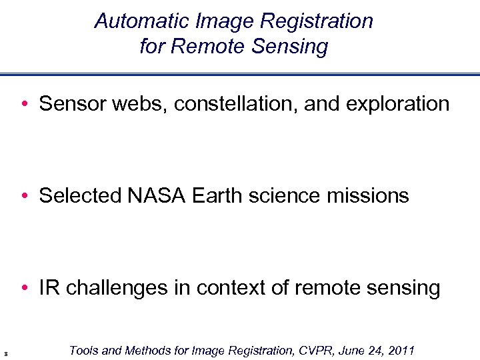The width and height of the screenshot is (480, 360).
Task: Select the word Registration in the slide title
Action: click(x=317, y=21)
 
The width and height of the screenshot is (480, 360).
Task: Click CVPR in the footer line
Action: click(x=308, y=351)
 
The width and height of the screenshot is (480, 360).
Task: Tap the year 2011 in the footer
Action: click(x=399, y=351)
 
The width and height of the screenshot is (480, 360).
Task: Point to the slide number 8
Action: click(x=5, y=354)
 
